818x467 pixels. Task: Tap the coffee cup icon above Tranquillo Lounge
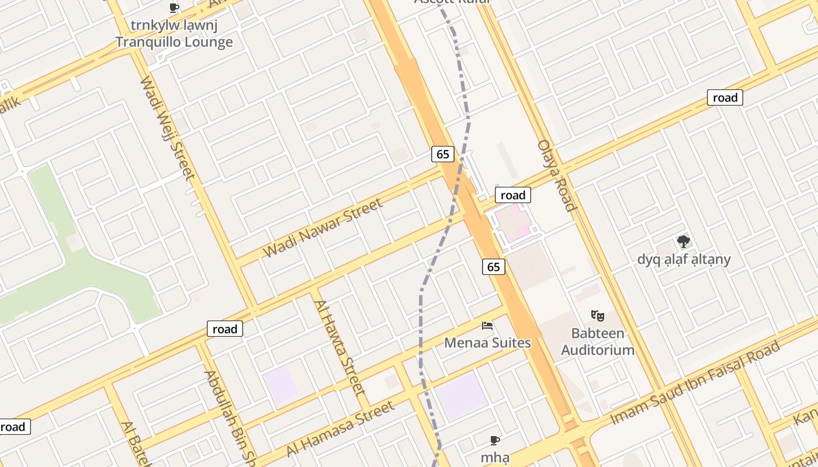point(174,8)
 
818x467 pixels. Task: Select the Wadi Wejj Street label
point(167,128)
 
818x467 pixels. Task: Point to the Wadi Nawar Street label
point(323,228)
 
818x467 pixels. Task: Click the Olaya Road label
point(557,175)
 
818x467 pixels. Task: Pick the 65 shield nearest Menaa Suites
point(494,267)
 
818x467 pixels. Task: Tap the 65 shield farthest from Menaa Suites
point(443,154)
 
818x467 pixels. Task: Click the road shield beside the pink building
point(512,195)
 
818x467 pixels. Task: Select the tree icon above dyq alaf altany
point(683,241)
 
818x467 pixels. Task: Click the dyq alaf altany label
point(684,259)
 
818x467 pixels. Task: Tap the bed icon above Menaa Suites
point(487,325)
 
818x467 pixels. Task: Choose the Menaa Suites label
point(487,343)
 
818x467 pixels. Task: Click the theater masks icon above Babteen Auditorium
point(597,316)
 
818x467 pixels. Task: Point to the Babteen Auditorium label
point(597,342)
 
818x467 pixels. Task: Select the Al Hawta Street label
point(339,347)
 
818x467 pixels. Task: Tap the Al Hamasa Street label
point(340,429)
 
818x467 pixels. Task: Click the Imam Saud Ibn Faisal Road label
point(695,382)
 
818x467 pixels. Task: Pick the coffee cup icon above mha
point(495,440)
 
